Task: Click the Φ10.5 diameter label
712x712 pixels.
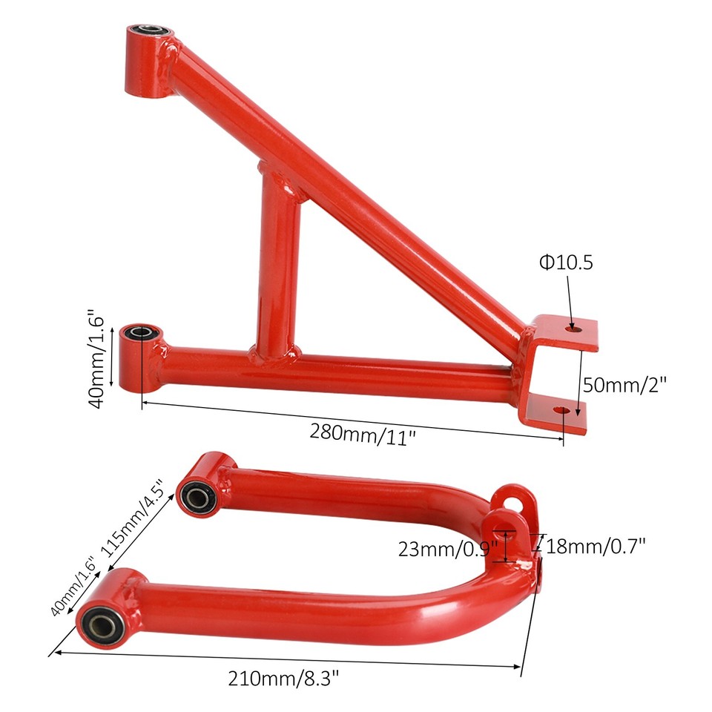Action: [566, 263]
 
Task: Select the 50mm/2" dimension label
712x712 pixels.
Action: [624, 384]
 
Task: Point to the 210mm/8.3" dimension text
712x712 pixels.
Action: [288, 676]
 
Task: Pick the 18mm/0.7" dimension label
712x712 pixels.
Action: [596, 547]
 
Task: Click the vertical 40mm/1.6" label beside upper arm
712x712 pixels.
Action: [102, 357]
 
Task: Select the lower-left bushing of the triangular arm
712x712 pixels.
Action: [139, 333]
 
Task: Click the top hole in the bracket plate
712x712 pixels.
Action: [572, 326]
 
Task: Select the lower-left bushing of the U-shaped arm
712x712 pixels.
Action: [99, 622]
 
